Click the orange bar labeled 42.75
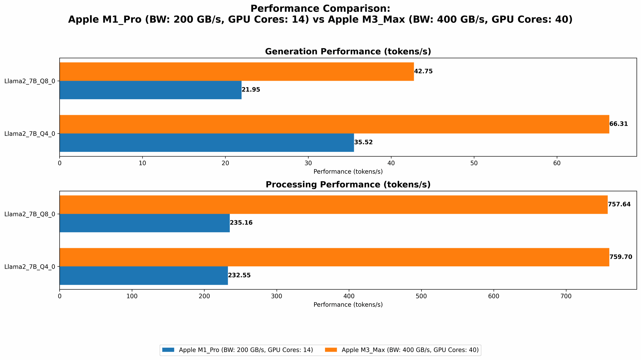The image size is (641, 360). click(x=237, y=71)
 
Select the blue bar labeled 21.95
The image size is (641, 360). click(x=150, y=90)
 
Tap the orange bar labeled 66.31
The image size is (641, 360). click(x=334, y=124)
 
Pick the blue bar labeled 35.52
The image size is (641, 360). click(x=207, y=142)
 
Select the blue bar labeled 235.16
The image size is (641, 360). click(x=145, y=223)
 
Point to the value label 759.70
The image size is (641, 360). click(x=620, y=257)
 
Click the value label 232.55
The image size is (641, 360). click(x=239, y=275)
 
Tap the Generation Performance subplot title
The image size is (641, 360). click(x=348, y=52)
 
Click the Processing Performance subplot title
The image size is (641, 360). click(x=348, y=185)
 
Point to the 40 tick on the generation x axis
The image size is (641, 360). click(x=391, y=163)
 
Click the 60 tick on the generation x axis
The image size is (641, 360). click(x=557, y=163)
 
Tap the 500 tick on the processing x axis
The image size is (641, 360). click(x=421, y=296)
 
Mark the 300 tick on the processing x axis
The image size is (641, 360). click(x=277, y=296)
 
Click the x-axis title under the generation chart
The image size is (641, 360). click(x=348, y=172)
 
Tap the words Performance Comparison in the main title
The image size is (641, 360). click(x=320, y=9)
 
